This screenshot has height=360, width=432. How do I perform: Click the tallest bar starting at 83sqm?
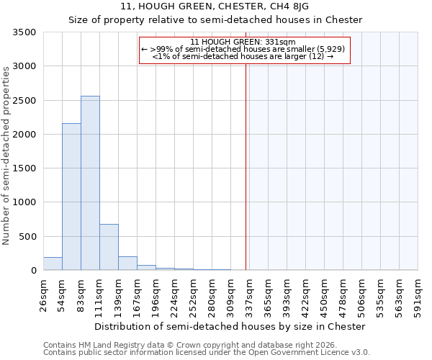click(x=90, y=183)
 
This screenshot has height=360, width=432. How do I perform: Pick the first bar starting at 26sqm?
click(x=53, y=264)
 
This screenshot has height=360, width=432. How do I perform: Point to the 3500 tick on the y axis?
click(x=26, y=32)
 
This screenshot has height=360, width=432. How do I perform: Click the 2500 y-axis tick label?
click(x=26, y=101)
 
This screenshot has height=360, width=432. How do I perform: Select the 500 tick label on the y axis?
click(x=30, y=237)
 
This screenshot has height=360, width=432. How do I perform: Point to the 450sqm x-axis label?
click(x=325, y=294)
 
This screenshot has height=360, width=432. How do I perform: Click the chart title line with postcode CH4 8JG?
click(x=215, y=6)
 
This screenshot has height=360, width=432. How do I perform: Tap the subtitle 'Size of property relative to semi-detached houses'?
click(x=215, y=19)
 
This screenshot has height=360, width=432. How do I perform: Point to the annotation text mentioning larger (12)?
click(x=243, y=56)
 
